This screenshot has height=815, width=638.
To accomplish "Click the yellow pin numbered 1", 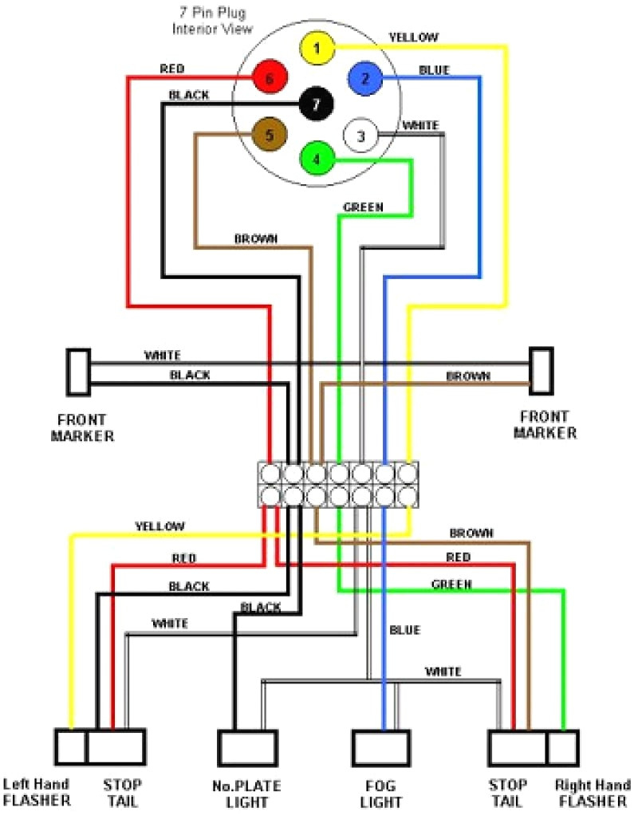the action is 317,49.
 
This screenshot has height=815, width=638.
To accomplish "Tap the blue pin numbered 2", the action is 364,78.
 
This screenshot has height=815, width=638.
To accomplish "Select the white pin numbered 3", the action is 360,136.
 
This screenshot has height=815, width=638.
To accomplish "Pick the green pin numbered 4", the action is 317,159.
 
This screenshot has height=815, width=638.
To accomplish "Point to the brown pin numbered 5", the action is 269,135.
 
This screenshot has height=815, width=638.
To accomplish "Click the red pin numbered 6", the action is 270,78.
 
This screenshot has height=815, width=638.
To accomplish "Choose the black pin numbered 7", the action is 316,104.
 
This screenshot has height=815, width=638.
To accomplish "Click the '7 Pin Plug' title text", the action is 213,13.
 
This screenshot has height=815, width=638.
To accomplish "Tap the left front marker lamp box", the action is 78,372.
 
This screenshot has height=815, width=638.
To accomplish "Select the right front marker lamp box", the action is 541,371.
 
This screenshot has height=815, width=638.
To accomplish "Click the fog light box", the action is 381,748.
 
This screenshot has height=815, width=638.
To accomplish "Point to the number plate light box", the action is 247,748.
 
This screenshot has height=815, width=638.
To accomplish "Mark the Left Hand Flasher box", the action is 71,747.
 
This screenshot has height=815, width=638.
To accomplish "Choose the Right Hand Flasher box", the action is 563,748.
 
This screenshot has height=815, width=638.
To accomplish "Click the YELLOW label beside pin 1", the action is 414,37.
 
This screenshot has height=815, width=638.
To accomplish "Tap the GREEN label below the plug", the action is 364,207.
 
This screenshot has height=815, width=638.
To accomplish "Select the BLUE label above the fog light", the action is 404,630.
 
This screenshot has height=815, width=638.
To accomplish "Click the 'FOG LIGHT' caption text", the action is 380,793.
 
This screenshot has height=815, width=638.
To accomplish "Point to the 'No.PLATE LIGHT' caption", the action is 246,793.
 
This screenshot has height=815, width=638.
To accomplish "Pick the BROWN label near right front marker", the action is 468,376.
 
